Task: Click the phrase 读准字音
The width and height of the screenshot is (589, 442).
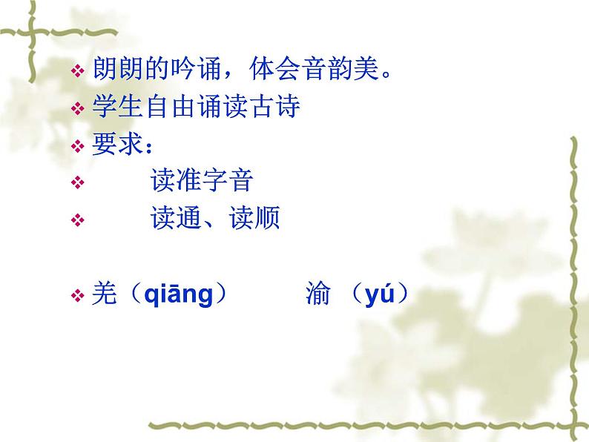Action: (202, 181)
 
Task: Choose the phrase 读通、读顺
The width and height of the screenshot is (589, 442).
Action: (214, 219)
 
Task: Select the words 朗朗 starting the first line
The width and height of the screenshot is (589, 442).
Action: (118, 71)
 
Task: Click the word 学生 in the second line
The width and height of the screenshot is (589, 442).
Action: (118, 108)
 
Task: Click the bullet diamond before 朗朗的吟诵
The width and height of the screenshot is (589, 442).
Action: (78, 73)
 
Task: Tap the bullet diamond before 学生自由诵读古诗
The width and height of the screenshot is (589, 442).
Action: (78, 109)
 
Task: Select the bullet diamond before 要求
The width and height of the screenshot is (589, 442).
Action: (78, 146)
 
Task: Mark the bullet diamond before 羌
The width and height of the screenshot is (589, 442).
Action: (78, 297)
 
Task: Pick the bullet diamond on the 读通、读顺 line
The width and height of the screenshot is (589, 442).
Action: (78, 220)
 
